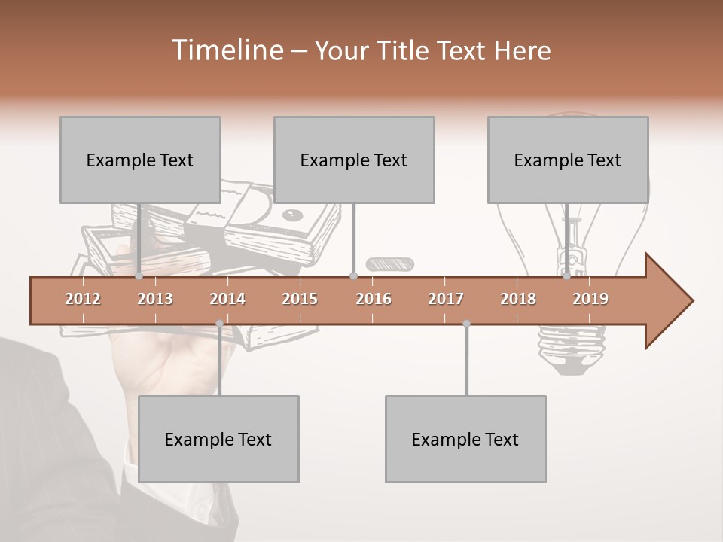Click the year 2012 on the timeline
(83, 299)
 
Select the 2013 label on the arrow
(155, 299)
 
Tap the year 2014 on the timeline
(227, 299)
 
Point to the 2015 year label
(300, 299)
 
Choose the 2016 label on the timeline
(374, 299)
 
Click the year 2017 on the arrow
(446, 299)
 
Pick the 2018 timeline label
(518, 299)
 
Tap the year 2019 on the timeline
(590, 299)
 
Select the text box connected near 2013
(140, 160)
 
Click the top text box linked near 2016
(354, 160)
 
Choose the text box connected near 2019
(568, 160)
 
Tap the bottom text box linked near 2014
(218, 439)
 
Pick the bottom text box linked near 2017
(465, 439)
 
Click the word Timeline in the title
(226, 50)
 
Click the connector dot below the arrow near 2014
(219, 324)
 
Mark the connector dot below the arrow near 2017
(466, 324)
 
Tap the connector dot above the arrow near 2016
(353, 276)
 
